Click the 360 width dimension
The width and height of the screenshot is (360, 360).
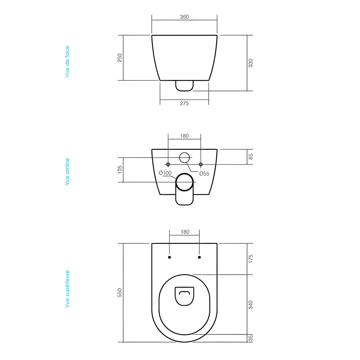click(x=184, y=17)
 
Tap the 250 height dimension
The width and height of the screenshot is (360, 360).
click(x=120, y=58)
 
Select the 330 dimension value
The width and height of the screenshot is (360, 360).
click(x=251, y=63)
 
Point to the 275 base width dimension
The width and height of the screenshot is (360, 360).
click(x=184, y=103)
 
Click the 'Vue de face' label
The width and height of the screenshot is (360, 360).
click(x=67, y=61)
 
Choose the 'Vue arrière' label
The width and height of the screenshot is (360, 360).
click(x=67, y=171)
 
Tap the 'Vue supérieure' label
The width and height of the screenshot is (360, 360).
click(x=67, y=289)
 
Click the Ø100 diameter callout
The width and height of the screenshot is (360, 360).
click(x=165, y=173)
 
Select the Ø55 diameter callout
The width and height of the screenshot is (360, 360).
click(x=204, y=174)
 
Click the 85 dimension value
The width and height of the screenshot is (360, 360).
click(x=251, y=157)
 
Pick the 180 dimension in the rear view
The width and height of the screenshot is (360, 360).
click(x=184, y=136)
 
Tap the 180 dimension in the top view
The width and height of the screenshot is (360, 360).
click(x=184, y=232)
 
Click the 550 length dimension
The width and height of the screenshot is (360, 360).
click(x=120, y=293)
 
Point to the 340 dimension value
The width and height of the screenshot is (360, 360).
click(x=251, y=305)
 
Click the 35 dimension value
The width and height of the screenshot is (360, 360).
click(x=251, y=338)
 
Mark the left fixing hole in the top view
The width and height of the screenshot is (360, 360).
click(x=170, y=257)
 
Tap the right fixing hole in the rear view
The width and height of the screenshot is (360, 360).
click(x=201, y=165)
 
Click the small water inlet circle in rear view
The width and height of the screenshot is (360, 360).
click(x=184, y=157)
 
